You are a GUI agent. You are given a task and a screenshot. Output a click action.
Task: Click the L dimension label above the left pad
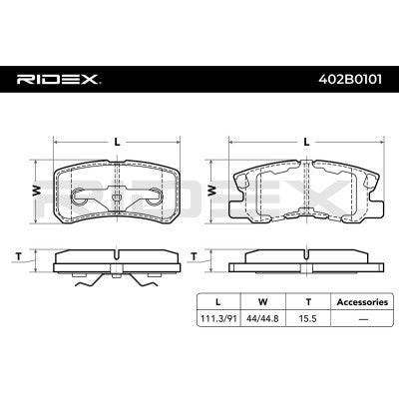118,142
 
